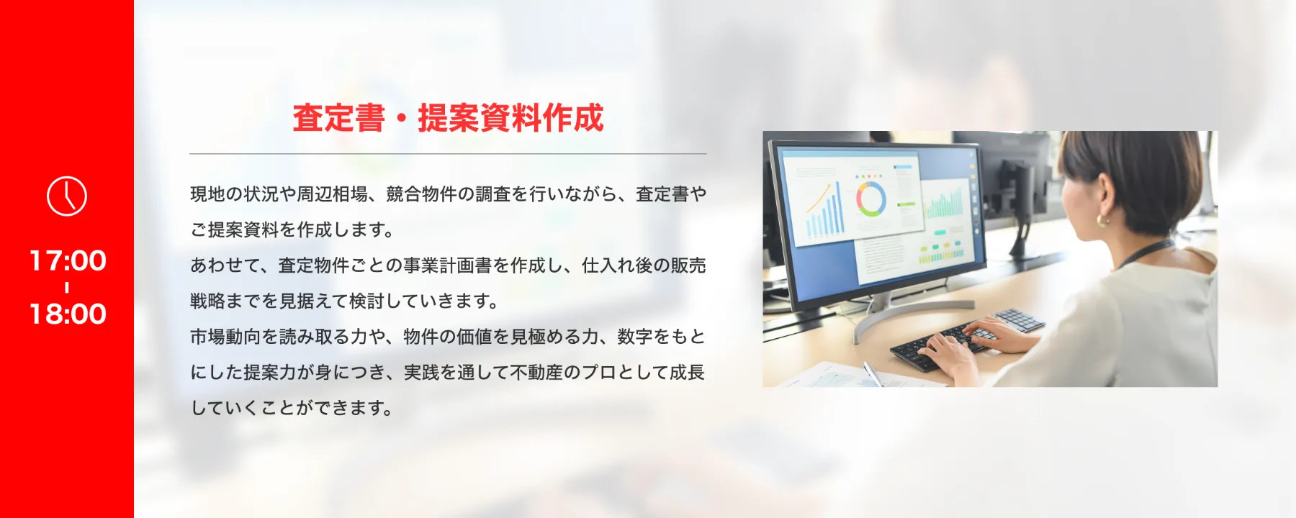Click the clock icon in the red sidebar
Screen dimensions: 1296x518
67,196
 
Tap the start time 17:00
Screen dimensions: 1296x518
68,260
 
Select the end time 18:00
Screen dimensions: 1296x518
68,314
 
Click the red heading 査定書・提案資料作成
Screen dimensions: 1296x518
448,118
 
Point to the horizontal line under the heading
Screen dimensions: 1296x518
448,154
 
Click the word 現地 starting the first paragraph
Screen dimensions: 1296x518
207,194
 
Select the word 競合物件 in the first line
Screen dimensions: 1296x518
421,194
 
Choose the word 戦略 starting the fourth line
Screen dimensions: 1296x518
207,301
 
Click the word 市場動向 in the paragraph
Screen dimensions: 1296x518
225,337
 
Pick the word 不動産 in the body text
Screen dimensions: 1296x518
537,373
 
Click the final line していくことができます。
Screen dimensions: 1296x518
292,408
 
